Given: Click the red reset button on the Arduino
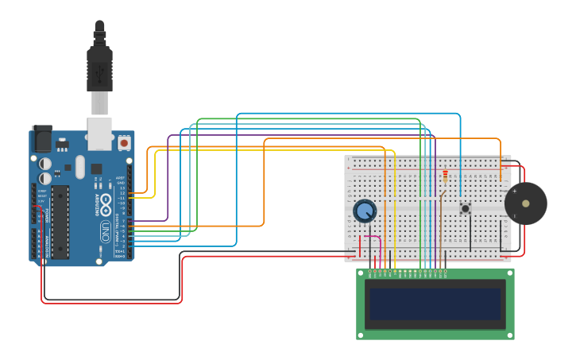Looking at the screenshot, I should pos(124,143).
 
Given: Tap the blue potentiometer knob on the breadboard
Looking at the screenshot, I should pos(365,211).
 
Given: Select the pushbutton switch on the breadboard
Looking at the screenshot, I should pos(465,208).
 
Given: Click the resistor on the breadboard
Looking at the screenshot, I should pos(445,176).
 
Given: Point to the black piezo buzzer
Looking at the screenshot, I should pos(525,204).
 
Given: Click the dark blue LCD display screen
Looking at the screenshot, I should pos(435,304).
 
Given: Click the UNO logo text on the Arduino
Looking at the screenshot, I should pos(105,231).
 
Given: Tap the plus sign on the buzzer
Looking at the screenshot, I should pos(514,191).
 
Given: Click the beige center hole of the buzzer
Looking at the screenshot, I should pos(525,204).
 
